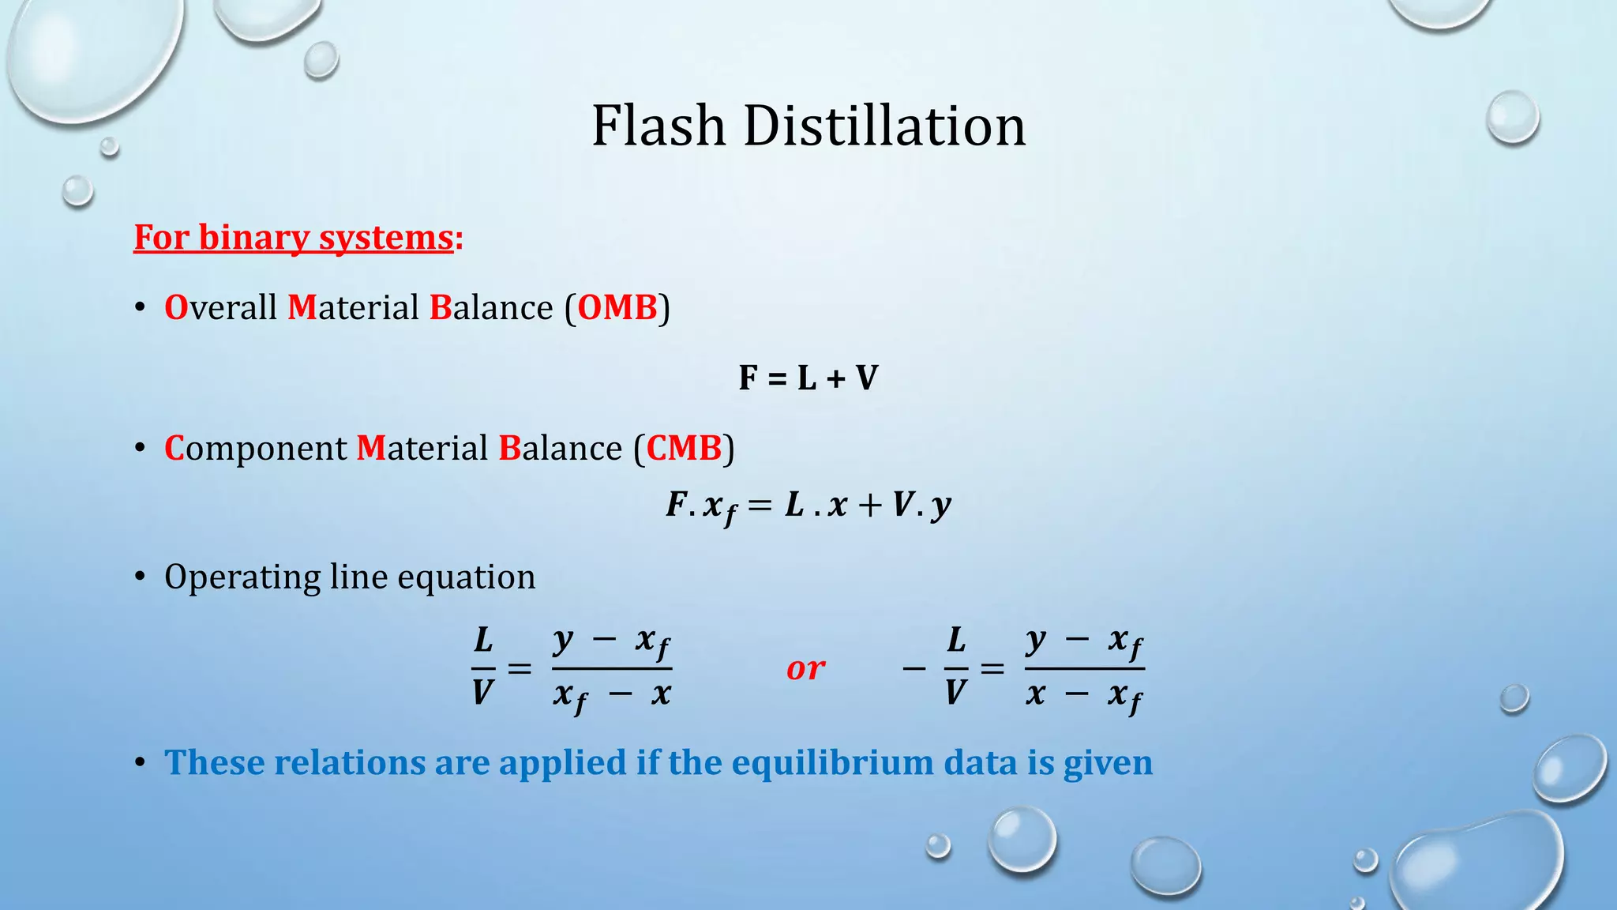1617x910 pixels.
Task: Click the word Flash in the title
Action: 658,126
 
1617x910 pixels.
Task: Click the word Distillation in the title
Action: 884,126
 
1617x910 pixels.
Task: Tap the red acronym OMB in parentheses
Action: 617,307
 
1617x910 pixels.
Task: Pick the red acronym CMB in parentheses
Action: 684,448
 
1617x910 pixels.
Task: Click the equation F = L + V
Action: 808,378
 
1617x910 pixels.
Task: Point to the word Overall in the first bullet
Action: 220,307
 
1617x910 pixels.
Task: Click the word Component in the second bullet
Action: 255,448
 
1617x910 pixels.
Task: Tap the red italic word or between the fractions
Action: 805,669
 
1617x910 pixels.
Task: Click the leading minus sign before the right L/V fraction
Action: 914,669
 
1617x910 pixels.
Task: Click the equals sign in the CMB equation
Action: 760,505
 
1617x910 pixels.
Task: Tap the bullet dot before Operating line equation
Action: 140,577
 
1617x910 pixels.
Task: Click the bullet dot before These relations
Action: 140,762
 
